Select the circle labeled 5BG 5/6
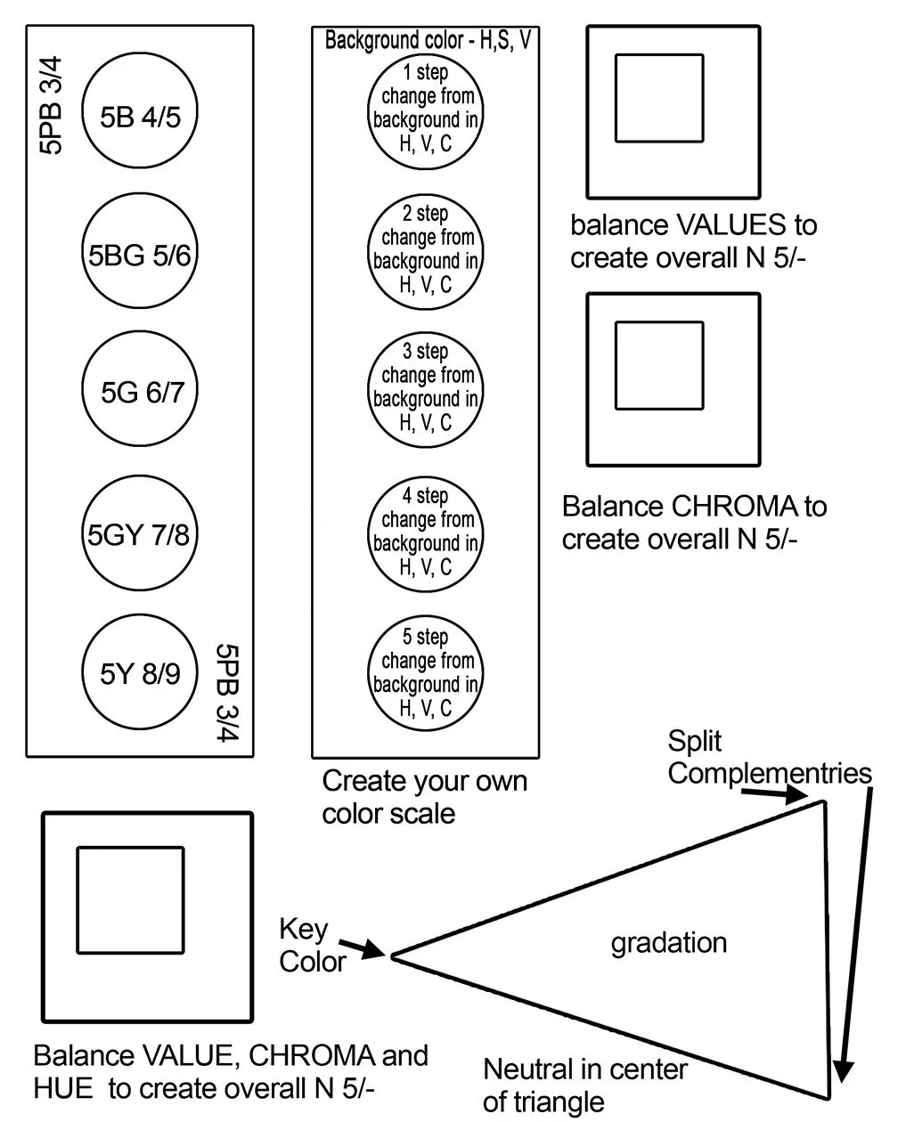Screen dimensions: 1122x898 140,256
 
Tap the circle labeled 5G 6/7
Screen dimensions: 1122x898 140,392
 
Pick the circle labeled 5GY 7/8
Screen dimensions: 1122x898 140,534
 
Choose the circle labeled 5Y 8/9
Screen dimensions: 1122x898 140,673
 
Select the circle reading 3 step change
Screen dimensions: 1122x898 426,387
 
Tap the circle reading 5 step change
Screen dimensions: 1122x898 426,673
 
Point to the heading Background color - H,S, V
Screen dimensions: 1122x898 427,40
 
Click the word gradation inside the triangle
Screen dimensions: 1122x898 668,942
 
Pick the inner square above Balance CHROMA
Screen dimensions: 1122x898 659,365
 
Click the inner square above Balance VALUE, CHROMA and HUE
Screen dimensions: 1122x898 130,900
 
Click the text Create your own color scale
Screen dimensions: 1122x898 424,797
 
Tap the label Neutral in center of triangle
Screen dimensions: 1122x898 584,1085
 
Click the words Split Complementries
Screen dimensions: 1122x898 768,757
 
